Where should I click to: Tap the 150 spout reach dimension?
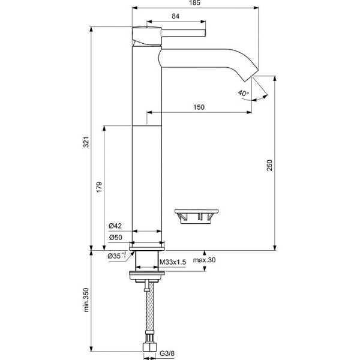point(199,107)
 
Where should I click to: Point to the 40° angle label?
point(242,93)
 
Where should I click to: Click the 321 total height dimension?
point(86,142)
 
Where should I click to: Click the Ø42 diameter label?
point(115,226)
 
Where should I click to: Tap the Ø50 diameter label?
point(115,238)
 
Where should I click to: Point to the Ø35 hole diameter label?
point(116,256)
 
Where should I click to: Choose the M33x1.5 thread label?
point(173,262)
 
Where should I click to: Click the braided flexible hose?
point(146,312)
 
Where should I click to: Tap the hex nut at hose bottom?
point(146,347)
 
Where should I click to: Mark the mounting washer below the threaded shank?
point(146,277)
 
